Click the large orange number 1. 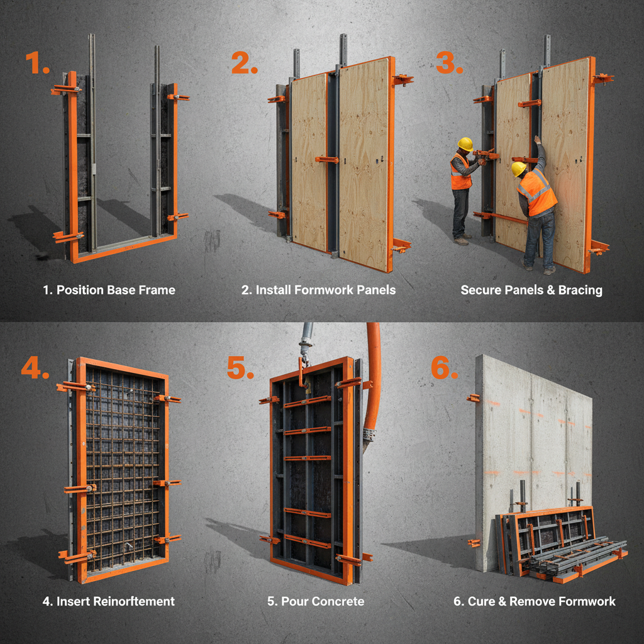36,64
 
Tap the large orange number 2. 244,64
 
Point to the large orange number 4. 35,369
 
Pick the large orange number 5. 240,369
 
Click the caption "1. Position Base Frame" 109,290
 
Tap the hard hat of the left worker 465,144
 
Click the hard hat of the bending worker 519,169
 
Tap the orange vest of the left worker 460,174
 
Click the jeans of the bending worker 540,239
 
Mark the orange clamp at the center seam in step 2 327,159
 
